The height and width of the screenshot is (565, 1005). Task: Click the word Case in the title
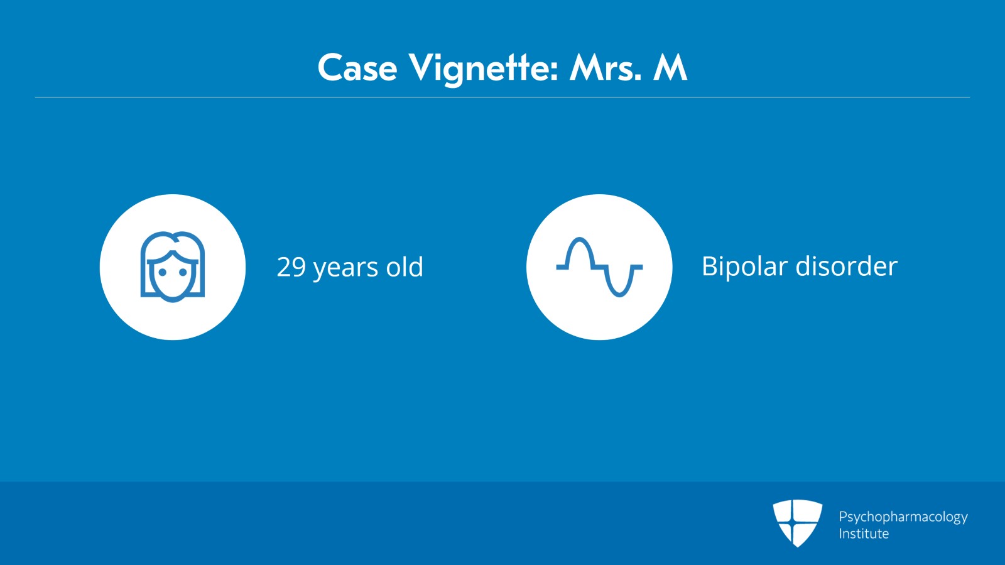(x=357, y=68)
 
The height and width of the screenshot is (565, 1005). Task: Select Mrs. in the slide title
(x=606, y=68)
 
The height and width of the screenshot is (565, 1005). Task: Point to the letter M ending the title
(x=670, y=68)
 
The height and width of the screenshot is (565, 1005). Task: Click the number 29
(x=291, y=267)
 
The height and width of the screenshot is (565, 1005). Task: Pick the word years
(x=345, y=268)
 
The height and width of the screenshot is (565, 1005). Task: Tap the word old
(x=405, y=267)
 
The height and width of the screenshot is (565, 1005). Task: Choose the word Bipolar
(x=745, y=266)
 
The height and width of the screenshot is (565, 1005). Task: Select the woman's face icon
(x=173, y=267)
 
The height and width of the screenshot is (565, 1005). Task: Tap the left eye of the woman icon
(x=162, y=273)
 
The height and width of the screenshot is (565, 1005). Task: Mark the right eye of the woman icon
(x=183, y=273)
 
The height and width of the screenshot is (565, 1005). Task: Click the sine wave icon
(x=599, y=267)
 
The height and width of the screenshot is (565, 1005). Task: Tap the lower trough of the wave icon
(x=619, y=293)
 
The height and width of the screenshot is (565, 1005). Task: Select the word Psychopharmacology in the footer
(x=903, y=517)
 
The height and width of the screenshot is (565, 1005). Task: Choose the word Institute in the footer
(x=864, y=534)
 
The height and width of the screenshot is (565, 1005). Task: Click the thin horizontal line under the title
(x=503, y=97)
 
